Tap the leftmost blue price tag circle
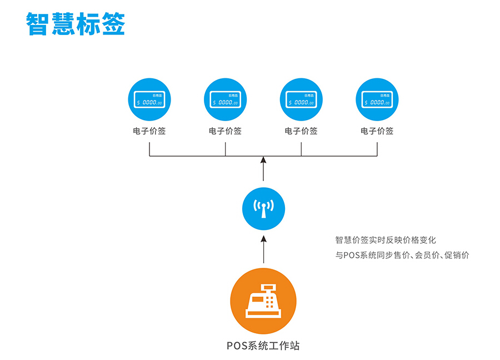[149, 100]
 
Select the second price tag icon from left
[225, 100]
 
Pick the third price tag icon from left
[301, 100]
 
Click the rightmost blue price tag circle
[377, 100]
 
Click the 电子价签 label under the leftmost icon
[149, 132]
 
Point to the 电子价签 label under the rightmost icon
[377, 132]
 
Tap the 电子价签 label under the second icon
[225, 132]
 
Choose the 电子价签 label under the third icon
[301, 132]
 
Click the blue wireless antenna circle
[263, 208]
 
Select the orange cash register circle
[263, 301]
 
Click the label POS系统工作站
[263, 346]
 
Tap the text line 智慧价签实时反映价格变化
[386, 240]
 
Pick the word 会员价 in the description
[427, 256]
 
